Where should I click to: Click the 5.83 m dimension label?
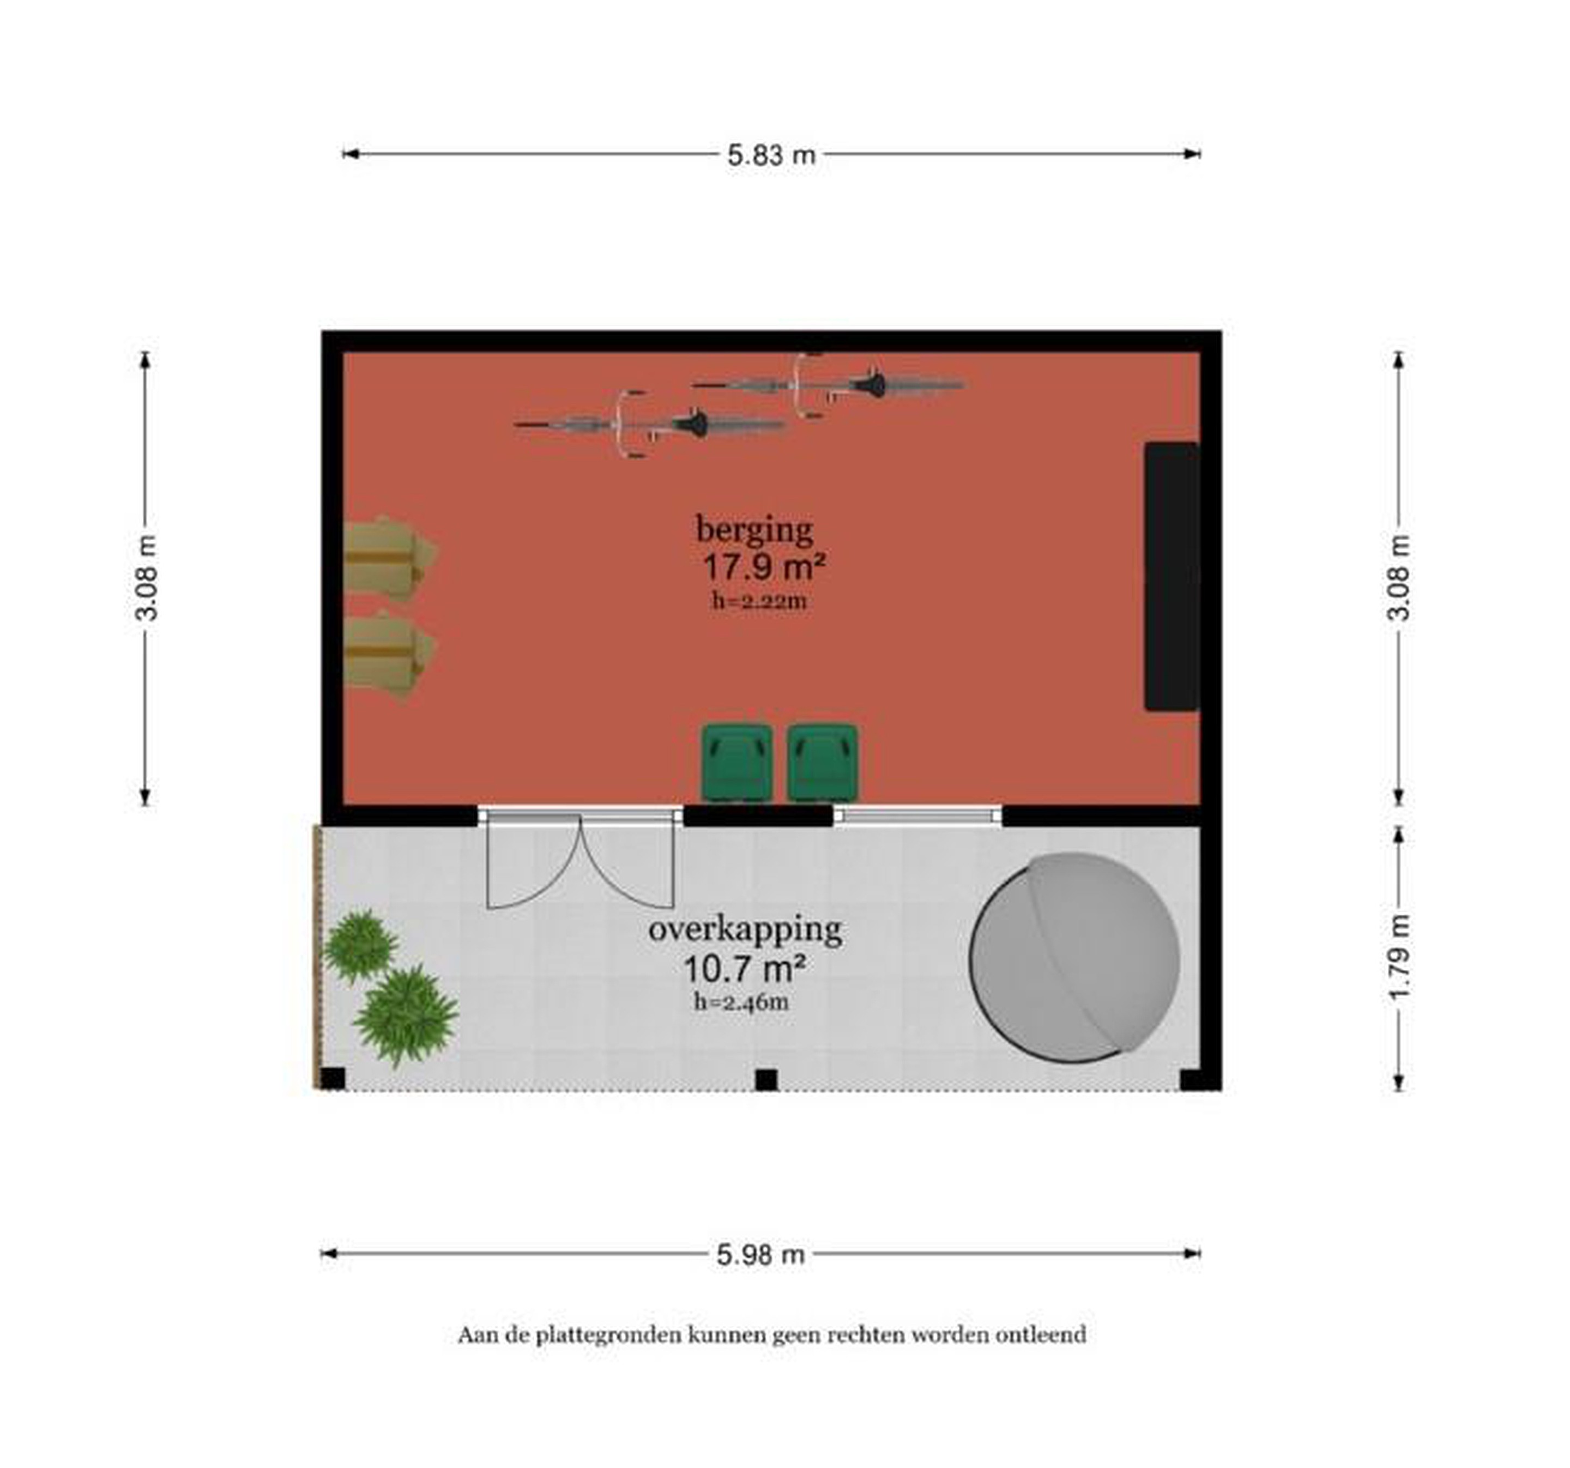pos(771,155)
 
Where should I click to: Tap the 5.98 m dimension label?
pos(760,1253)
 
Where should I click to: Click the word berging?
pos(754,530)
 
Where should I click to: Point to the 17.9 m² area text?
pos(764,567)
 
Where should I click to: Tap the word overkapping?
pos(745,930)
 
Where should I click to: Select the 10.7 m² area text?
pos(744,968)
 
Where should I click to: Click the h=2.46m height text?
pos(741,1002)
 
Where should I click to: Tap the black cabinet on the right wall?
pos(1172,576)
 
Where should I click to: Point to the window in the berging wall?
pos(917,815)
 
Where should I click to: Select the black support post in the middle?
pos(766,1079)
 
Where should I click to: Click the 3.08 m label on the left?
pos(147,578)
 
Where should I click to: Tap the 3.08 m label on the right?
pos(1399,578)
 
